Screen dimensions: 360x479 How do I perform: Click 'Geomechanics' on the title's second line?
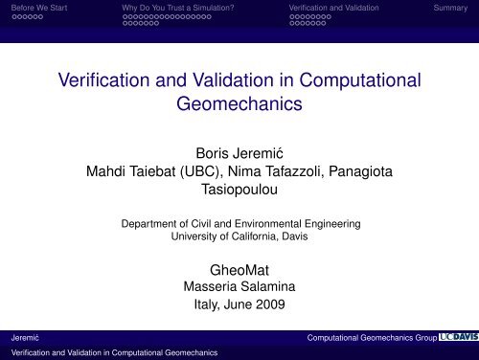(239, 104)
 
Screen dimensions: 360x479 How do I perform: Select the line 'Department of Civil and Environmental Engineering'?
(239, 224)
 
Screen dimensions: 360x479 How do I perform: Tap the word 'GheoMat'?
(239, 269)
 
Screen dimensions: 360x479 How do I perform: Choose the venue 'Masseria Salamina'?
(239, 287)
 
